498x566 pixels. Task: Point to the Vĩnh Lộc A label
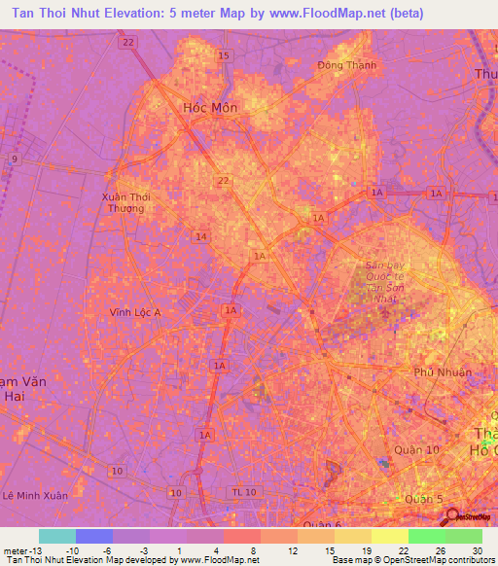[135, 312]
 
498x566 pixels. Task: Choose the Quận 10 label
[417, 449]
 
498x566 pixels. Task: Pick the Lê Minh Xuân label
[35, 495]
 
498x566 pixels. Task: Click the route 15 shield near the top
[225, 56]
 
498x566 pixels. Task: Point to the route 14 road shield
[201, 236]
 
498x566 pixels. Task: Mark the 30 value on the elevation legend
[476, 549]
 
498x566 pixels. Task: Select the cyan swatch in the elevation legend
[57, 536]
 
